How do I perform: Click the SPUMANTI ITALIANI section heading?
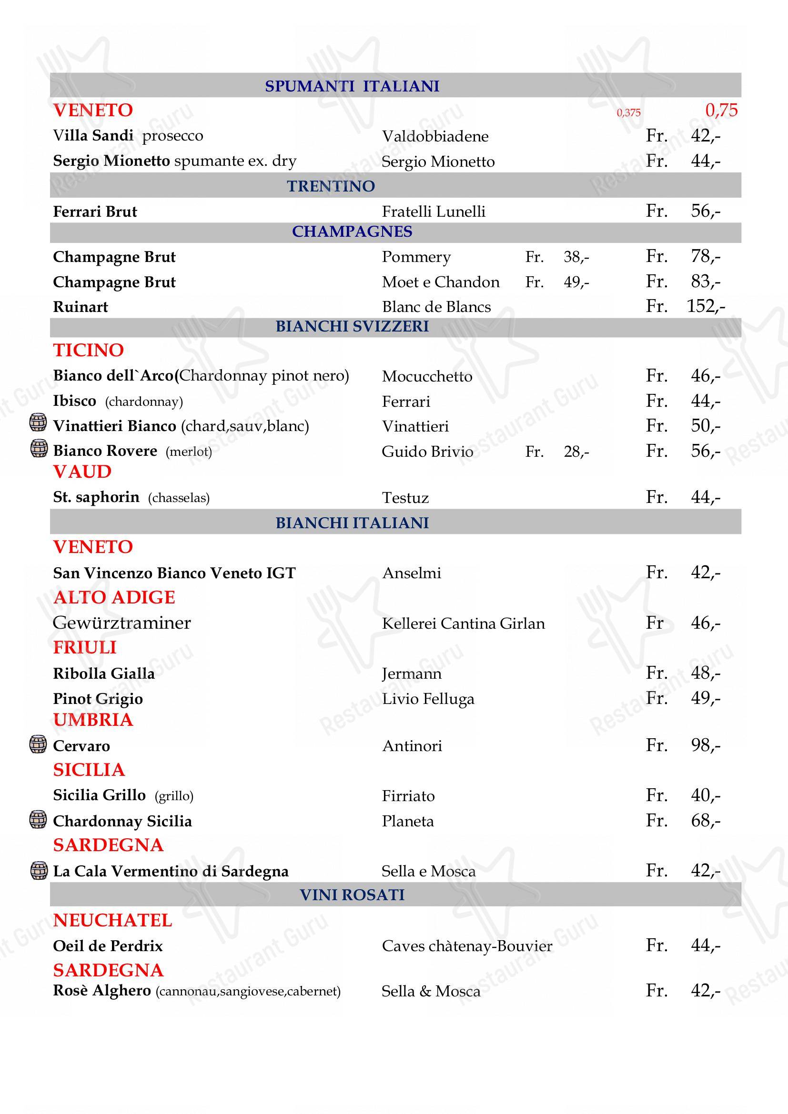pyautogui.click(x=352, y=86)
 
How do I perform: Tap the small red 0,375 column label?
pyautogui.click(x=628, y=112)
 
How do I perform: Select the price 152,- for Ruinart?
pyautogui.click(x=706, y=306)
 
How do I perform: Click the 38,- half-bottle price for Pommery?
pyautogui.click(x=576, y=257)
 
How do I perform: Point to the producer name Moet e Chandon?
pyautogui.click(x=440, y=282)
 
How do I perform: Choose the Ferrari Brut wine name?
pyautogui.click(x=95, y=211)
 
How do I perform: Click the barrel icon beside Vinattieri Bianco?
pyautogui.click(x=38, y=422)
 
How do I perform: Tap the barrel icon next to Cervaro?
pyautogui.click(x=38, y=744)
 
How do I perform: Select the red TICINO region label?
pyautogui.click(x=88, y=350)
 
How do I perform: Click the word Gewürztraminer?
pyautogui.click(x=122, y=622)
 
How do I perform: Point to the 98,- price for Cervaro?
pyautogui.click(x=706, y=745)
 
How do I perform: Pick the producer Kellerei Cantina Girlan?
pyautogui.click(x=463, y=623)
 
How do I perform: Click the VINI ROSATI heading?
pyautogui.click(x=352, y=895)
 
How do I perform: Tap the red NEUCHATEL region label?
pyautogui.click(x=112, y=921)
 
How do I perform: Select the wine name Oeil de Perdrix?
pyautogui.click(x=108, y=946)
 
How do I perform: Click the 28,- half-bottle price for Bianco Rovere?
pyautogui.click(x=576, y=452)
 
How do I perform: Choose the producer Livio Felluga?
pyautogui.click(x=428, y=699)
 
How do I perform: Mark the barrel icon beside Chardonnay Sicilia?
pyautogui.click(x=38, y=819)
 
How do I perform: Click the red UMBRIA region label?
pyautogui.click(x=93, y=720)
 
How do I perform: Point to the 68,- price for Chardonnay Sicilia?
pyautogui.click(x=706, y=821)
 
